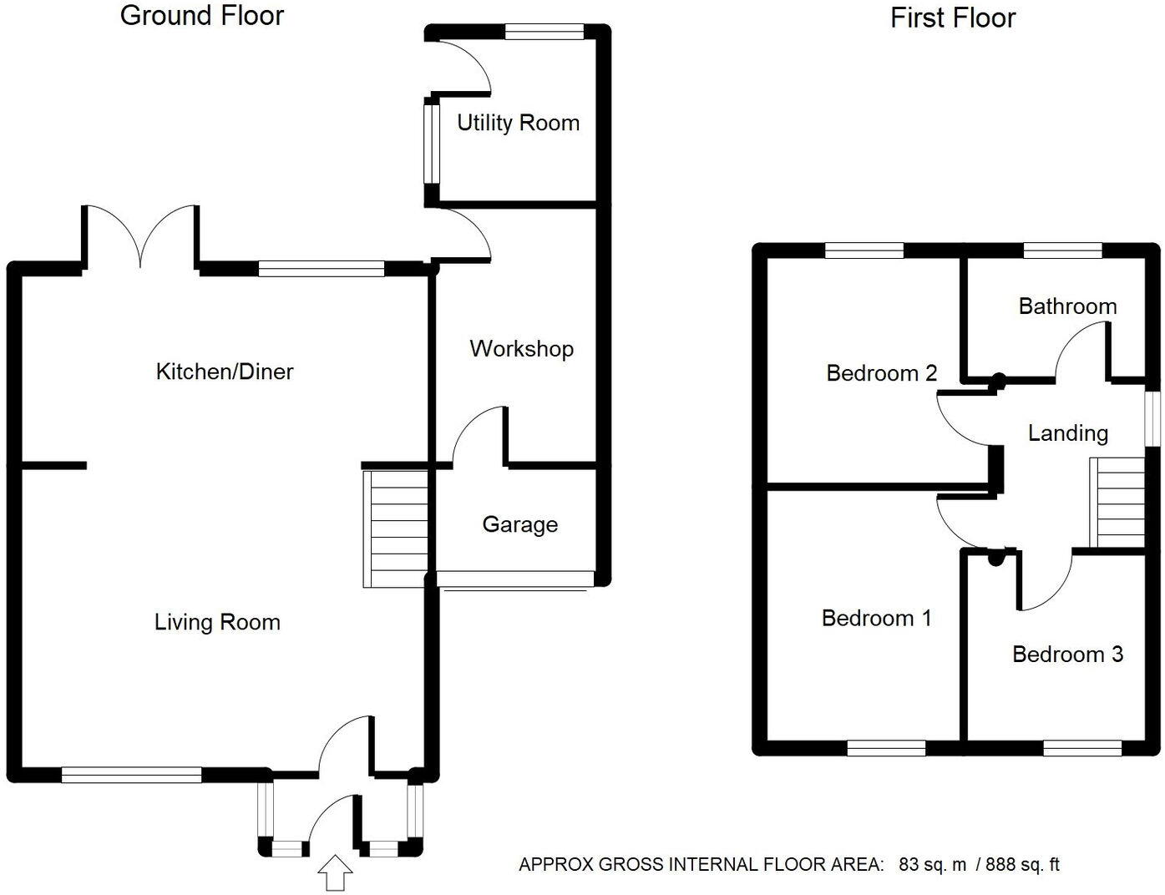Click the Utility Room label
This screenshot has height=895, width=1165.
(x=518, y=124)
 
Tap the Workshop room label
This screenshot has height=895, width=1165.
(x=522, y=349)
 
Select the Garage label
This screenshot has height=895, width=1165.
(x=520, y=524)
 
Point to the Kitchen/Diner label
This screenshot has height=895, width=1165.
(x=225, y=372)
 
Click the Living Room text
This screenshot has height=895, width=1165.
(x=217, y=622)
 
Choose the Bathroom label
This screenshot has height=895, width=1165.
(x=1067, y=306)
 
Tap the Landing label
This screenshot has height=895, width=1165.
(x=1067, y=433)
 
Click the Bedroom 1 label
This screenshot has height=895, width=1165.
(x=876, y=619)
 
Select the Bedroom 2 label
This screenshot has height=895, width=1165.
(x=881, y=373)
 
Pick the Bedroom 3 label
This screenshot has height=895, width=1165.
(x=1067, y=655)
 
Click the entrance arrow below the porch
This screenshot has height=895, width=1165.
(x=335, y=872)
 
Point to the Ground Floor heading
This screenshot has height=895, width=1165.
(x=201, y=16)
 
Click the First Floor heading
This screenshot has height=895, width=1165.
(x=953, y=18)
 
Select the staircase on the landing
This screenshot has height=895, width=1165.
(x=1117, y=503)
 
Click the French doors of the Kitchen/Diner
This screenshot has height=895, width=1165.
(x=140, y=235)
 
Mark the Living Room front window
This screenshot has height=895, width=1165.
(x=131, y=775)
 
